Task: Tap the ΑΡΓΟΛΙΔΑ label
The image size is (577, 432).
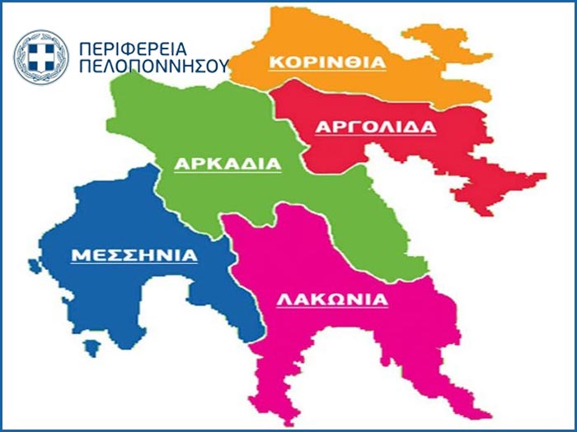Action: pos(376,127)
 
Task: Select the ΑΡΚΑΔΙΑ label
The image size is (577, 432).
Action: pos(228,164)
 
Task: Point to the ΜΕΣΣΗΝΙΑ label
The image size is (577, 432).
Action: pos(134,255)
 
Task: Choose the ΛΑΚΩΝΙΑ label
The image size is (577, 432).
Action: pos(331,300)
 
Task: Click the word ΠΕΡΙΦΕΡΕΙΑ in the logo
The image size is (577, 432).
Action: pos(133,49)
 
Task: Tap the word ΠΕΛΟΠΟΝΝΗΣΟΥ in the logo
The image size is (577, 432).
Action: pos(152,67)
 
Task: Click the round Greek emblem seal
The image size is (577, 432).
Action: pos(40,57)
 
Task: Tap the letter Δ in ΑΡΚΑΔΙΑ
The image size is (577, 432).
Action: pos(249,164)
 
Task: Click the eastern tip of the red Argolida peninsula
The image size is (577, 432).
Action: pos(544,175)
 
